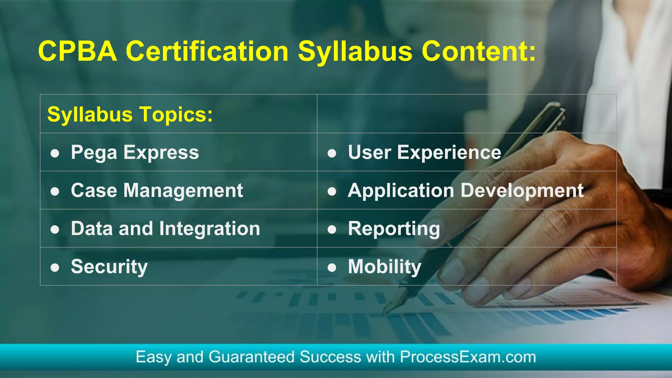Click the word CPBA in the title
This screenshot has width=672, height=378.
77,51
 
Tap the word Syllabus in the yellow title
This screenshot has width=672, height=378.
355,51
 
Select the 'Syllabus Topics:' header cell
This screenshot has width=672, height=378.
130,114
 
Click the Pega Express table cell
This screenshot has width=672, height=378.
135,152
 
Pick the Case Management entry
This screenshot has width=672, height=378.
157,190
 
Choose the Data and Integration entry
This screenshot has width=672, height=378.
165,229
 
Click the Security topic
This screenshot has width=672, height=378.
109,266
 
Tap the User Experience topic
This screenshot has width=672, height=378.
425,152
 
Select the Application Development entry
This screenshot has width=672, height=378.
466,190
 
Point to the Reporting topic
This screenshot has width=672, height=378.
394,229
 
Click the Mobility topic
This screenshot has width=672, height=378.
385,266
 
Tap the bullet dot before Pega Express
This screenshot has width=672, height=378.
55,153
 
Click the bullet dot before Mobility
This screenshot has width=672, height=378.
332,268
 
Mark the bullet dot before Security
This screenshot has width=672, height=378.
55,268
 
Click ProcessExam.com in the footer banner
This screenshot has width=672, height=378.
468,357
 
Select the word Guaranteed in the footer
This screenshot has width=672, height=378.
251,357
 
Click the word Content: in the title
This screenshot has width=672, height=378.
478,51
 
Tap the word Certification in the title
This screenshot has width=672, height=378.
207,51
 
